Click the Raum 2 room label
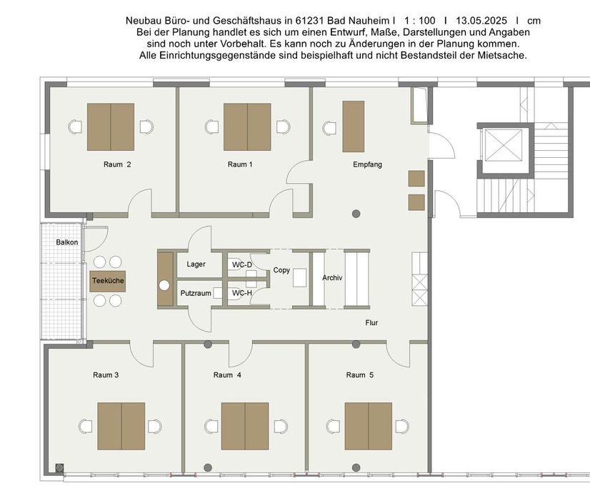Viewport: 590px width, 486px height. point(117,164)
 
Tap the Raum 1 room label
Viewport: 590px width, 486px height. point(240,164)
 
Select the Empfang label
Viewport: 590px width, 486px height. point(367,164)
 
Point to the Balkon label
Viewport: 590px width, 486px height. point(67,242)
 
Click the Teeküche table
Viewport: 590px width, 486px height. point(108,281)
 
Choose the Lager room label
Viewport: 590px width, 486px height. point(196,264)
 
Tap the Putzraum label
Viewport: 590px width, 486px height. point(196,293)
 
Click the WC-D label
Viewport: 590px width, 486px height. point(242,264)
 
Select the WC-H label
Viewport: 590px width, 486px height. point(242,293)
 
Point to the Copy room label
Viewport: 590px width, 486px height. point(281,270)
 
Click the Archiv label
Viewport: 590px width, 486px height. point(332,278)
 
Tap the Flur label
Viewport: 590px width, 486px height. point(371,322)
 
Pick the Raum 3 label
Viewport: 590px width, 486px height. point(106,375)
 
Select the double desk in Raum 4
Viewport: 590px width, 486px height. point(245,426)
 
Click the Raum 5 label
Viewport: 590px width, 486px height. point(360,375)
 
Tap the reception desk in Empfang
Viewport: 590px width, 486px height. point(354,127)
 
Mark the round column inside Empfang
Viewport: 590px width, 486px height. point(356,214)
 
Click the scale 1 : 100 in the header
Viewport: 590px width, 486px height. point(420,21)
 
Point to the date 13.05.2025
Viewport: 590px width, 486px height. point(481,21)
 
